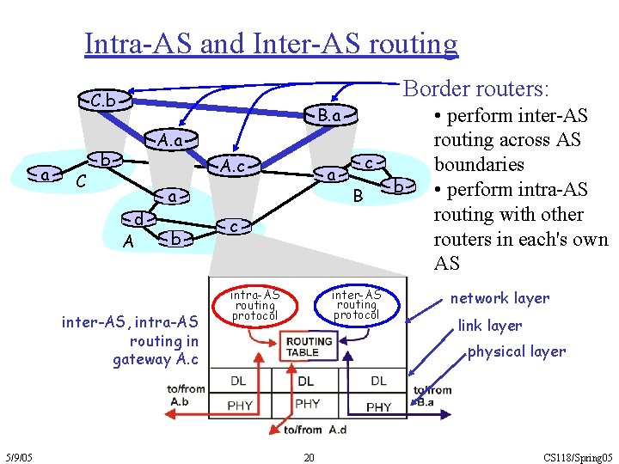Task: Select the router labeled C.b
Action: coord(104,100)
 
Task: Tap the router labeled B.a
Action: coord(329,115)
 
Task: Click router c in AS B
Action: coord(368,162)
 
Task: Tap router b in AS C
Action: coord(104,161)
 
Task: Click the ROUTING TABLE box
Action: coord(309,346)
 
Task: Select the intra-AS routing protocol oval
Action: coord(255,305)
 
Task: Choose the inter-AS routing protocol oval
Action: coord(356,304)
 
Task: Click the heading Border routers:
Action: coord(477,89)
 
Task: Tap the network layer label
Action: coord(499,298)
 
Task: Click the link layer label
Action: coord(489,326)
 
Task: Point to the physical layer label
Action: coord(516,351)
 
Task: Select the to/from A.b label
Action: coord(186,395)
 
